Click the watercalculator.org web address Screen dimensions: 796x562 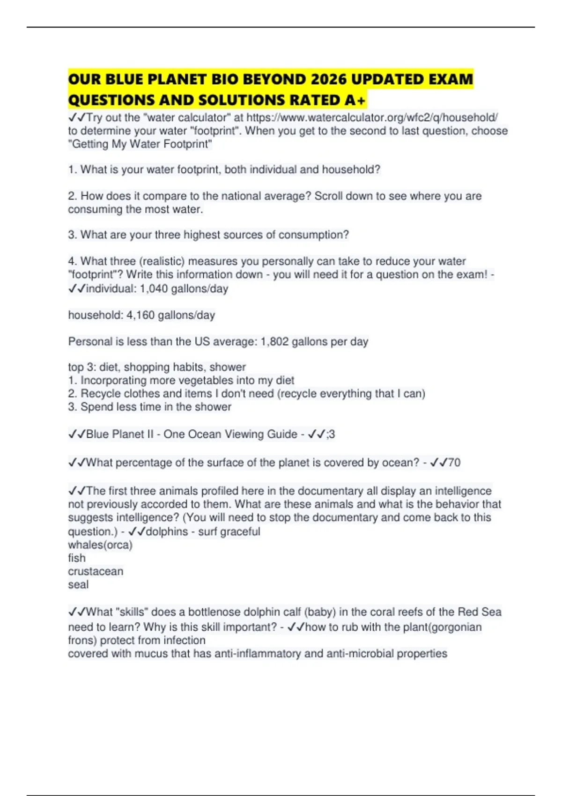[x=372, y=118]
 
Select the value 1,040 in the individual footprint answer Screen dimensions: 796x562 [x=154, y=288]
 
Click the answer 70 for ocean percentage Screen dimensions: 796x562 [x=454, y=463]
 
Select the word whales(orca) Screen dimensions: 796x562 [x=100, y=545]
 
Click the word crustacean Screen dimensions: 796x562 [x=96, y=571]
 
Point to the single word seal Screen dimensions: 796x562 [x=78, y=584]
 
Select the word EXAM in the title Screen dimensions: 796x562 [x=451, y=79]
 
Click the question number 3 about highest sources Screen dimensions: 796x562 [x=72, y=235]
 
